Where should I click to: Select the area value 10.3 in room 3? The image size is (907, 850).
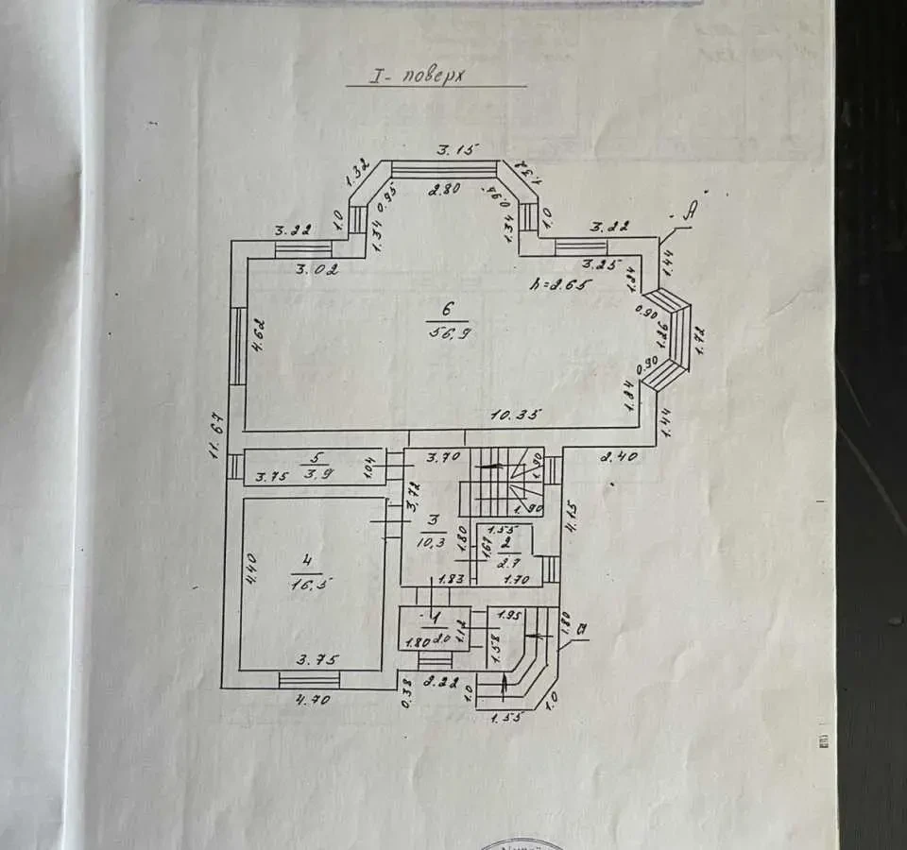[x=432, y=540]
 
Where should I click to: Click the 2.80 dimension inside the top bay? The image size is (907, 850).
[x=444, y=189]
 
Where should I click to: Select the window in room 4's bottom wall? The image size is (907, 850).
[x=309, y=679]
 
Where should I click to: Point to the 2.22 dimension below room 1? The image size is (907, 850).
[x=442, y=682]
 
